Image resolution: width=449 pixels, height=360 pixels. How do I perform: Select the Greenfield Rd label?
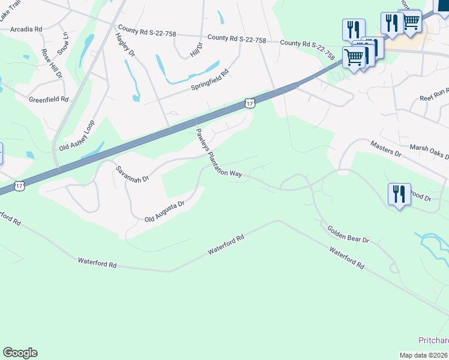pos(49,99)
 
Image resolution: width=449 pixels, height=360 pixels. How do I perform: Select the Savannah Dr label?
pos(131,174)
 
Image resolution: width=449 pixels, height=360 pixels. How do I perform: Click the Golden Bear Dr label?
pos(348,234)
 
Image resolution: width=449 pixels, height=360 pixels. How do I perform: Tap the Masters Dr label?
pos(385,149)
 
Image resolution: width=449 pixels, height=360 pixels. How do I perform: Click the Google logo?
pos(20,353)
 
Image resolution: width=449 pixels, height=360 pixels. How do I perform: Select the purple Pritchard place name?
pos(433,340)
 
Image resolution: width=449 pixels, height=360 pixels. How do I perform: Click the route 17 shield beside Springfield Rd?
pos(250,104)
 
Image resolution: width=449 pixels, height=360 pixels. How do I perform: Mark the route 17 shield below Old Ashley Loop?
pos(20,187)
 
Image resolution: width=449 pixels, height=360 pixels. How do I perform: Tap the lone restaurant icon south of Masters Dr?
pos(399,194)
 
